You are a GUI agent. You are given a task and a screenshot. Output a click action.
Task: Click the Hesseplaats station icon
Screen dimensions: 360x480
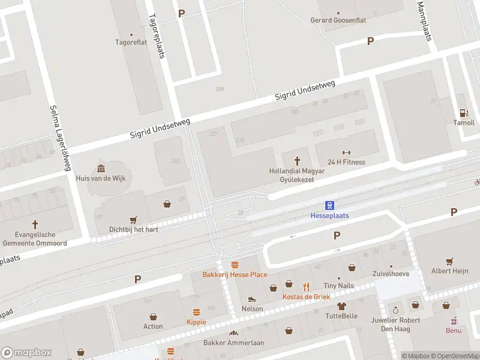[x=329, y=205]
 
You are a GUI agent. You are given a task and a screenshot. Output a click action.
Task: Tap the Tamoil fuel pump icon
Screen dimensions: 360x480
[x=463, y=112]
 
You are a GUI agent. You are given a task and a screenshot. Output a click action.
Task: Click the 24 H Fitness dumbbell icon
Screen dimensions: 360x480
[x=346, y=152]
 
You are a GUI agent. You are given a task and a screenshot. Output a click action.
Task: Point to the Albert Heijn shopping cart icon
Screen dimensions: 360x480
[x=449, y=261]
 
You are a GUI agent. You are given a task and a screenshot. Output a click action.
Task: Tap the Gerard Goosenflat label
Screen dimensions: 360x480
[x=338, y=20]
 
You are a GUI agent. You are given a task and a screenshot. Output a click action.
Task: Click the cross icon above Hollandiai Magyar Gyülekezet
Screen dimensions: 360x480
[x=296, y=160]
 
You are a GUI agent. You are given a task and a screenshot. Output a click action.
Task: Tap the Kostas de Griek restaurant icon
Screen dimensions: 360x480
[x=307, y=286]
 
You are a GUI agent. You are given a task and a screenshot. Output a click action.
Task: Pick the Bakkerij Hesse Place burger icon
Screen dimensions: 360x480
[x=235, y=264]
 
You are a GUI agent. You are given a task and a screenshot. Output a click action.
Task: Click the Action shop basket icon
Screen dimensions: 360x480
[x=153, y=316]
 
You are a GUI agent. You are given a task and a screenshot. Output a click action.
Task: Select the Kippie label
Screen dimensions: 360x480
[x=196, y=322]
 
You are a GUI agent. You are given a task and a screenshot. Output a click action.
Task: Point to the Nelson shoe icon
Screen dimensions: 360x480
[x=252, y=298]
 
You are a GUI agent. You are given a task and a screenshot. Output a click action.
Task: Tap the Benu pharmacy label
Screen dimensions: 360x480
[x=454, y=330]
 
